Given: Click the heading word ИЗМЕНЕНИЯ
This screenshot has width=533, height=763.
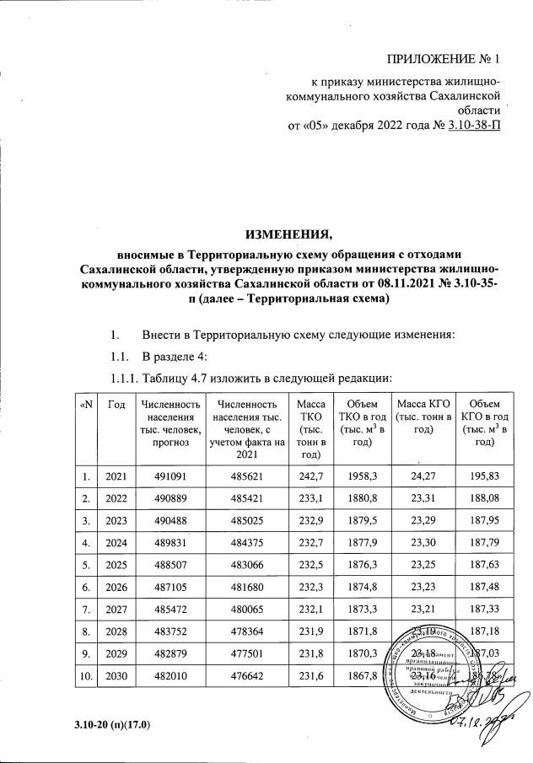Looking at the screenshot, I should [289, 234].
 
